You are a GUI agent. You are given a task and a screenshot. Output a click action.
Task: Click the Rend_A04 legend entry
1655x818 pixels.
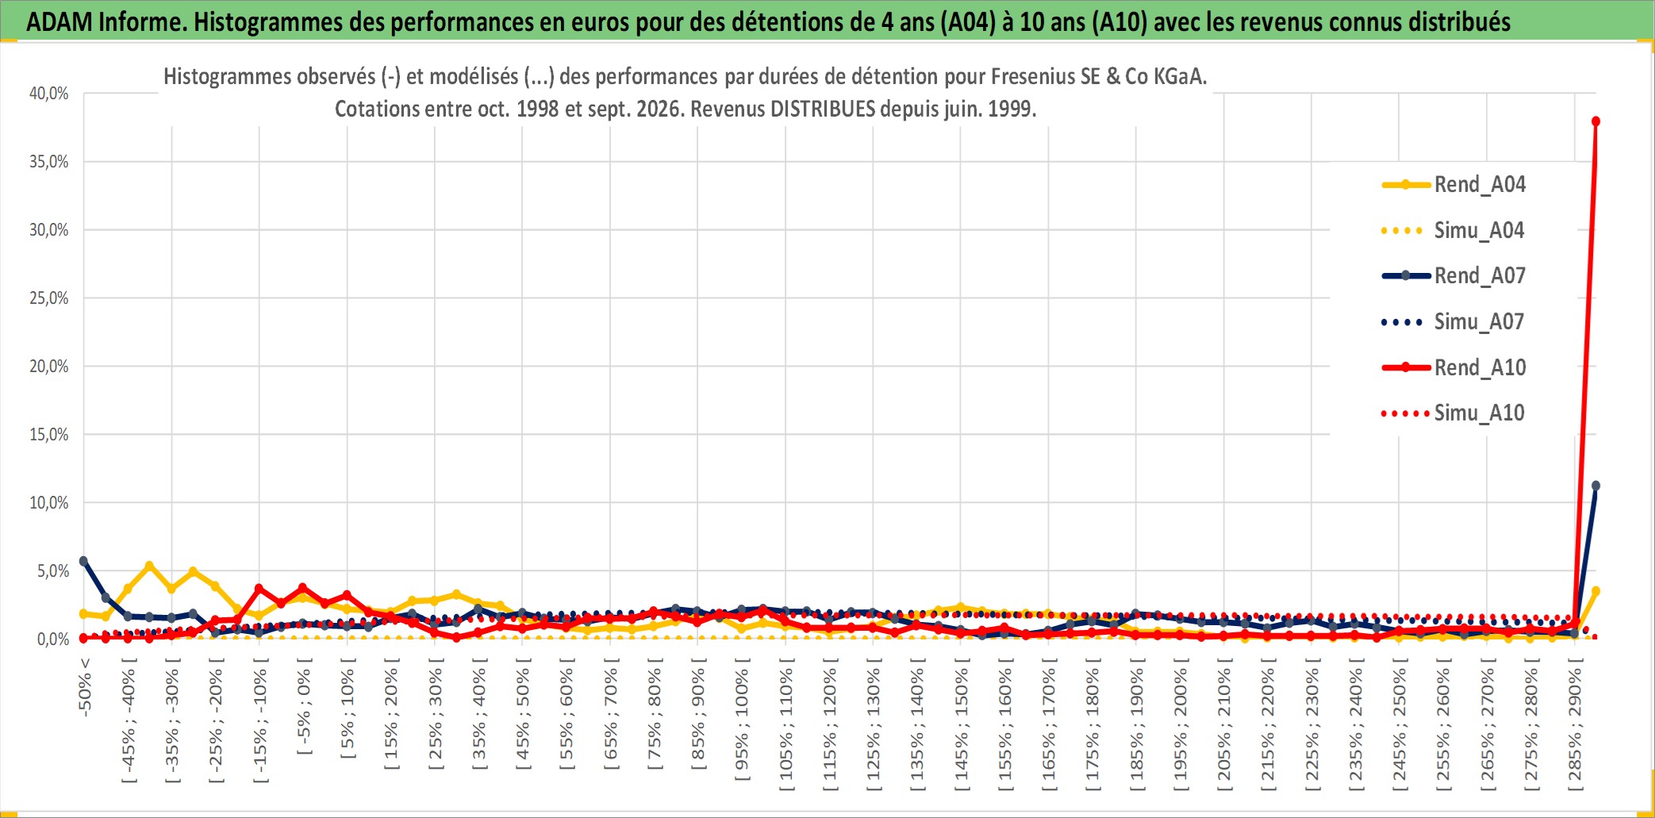(x=1453, y=185)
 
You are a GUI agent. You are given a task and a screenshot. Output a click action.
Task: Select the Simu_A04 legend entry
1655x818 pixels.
(x=1453, y=231)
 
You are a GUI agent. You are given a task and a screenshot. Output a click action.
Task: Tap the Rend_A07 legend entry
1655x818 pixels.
(x=1453, y=276)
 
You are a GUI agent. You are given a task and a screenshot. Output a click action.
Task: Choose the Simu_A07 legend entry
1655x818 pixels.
(x=1453, y=322)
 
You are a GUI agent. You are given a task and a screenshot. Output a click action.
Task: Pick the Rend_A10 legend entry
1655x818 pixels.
(x=1453, y=367)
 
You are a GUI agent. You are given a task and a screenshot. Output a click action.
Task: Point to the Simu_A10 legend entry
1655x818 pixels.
(x=1453, y=413)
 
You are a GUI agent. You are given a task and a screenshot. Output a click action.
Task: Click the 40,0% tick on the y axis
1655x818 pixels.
(x=49, y=94)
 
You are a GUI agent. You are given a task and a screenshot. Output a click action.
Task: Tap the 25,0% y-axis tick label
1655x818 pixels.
(x=49, y=298)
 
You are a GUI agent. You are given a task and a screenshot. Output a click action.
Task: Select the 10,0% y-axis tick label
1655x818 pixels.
(x=49, y=503)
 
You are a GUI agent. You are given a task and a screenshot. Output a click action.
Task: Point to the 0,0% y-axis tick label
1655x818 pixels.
(x=53, y=639)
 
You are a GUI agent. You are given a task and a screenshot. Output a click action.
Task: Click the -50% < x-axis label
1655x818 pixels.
(x=85, y=687)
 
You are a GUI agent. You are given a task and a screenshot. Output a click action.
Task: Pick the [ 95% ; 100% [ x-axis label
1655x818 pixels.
(x=742, y=724)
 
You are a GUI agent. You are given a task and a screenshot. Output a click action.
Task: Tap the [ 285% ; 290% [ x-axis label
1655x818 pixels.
(x=1575, y=729)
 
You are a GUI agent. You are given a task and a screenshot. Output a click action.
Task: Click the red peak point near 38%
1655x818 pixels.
(x=1595, y=121)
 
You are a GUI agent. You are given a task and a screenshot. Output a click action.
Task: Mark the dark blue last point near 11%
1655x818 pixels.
(x=1595, y=486)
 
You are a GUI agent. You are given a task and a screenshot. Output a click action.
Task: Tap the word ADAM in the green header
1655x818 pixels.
(x=60, y=21)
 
